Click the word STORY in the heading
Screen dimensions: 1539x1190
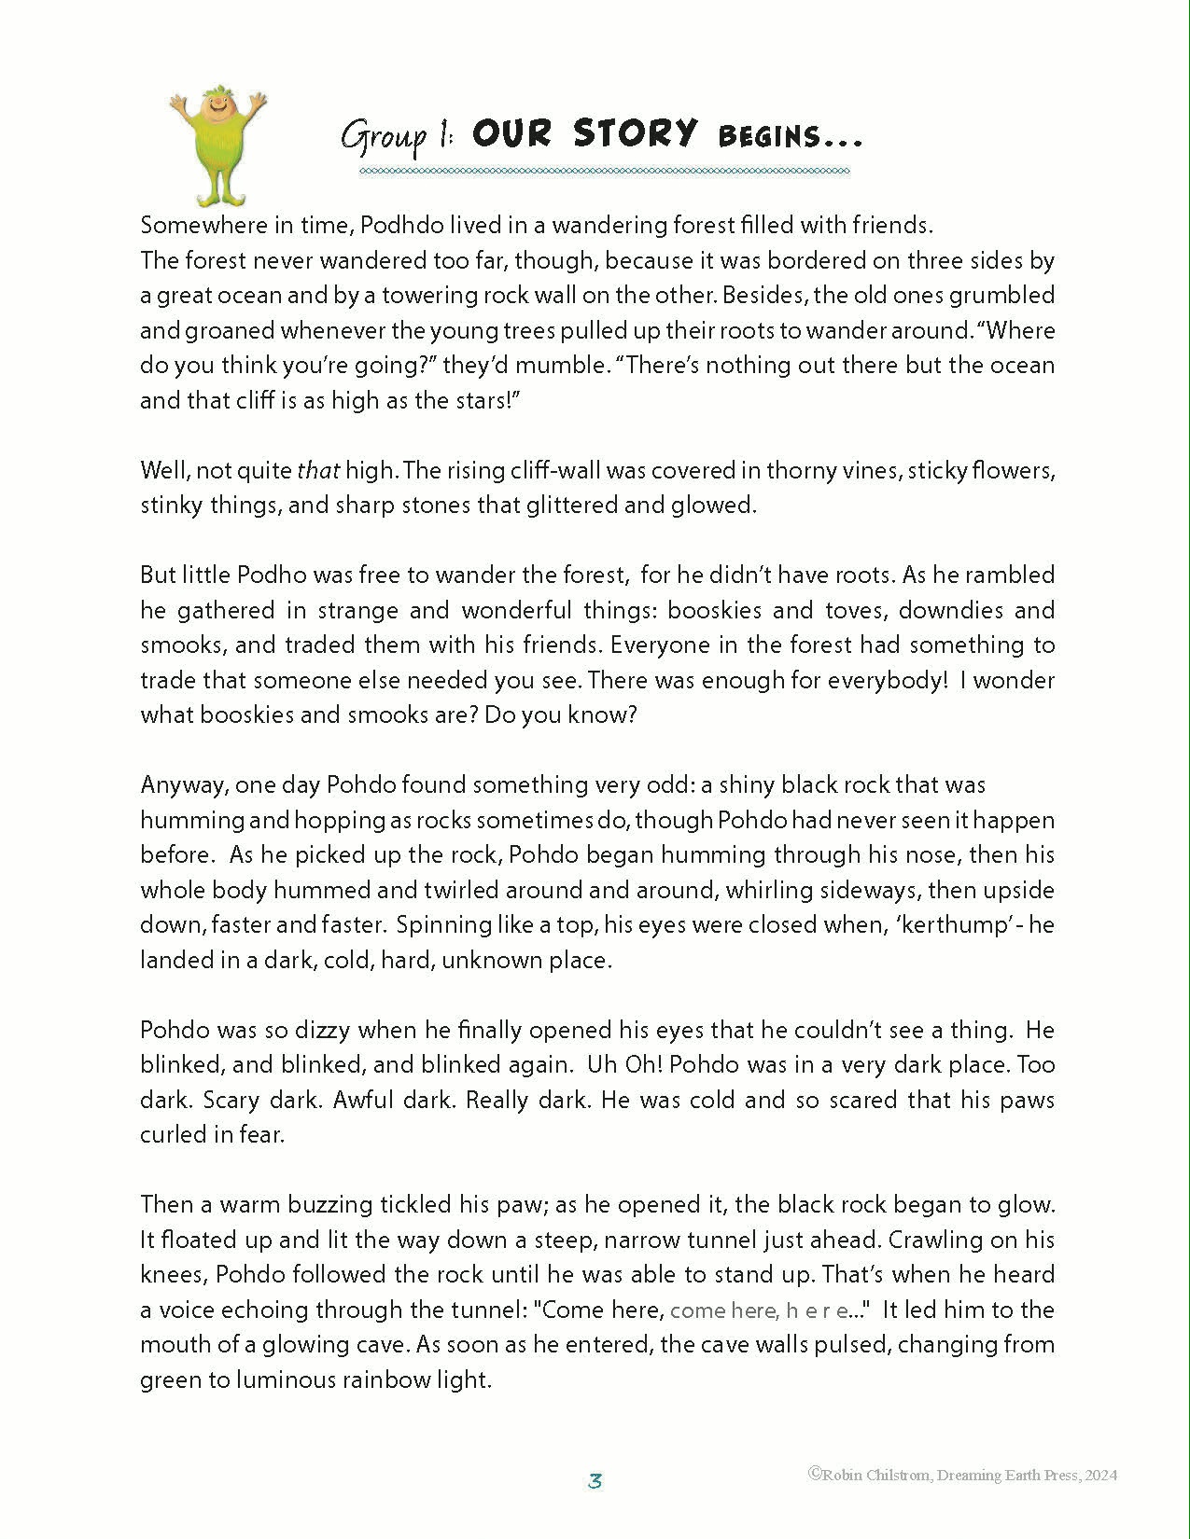(x=636, y=133)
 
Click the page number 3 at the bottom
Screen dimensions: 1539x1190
(x=595, y=1480)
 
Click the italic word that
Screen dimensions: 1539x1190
(x=318, y=470)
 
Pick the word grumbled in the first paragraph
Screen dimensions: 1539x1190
(x=1001, y=296)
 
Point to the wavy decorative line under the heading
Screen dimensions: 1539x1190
(x=605, y=172)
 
